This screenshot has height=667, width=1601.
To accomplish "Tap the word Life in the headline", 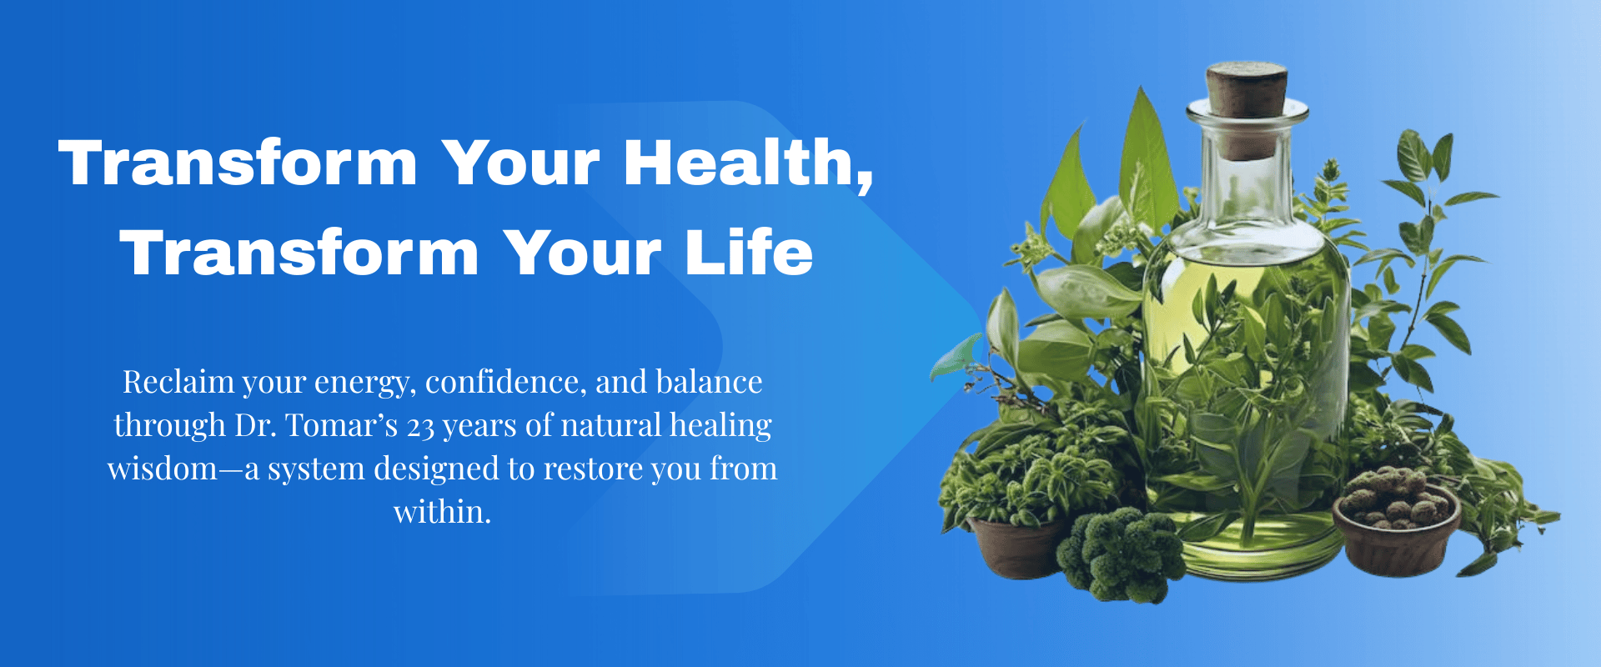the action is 749,253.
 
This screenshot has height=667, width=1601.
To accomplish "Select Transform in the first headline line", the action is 238,163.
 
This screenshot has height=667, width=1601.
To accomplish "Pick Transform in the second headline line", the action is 299,253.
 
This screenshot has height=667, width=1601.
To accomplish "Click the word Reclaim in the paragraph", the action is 178,382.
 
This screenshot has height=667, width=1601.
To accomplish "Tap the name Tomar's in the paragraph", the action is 342,425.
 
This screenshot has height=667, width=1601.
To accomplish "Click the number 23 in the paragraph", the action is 420,427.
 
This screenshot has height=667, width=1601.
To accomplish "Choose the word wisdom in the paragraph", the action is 163,469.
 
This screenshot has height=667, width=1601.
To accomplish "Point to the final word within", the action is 442,512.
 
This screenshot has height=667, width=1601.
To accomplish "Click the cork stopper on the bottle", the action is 1247,89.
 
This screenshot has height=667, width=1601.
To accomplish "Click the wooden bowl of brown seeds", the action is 1396,520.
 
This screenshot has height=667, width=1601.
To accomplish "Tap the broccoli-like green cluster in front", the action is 1122,554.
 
